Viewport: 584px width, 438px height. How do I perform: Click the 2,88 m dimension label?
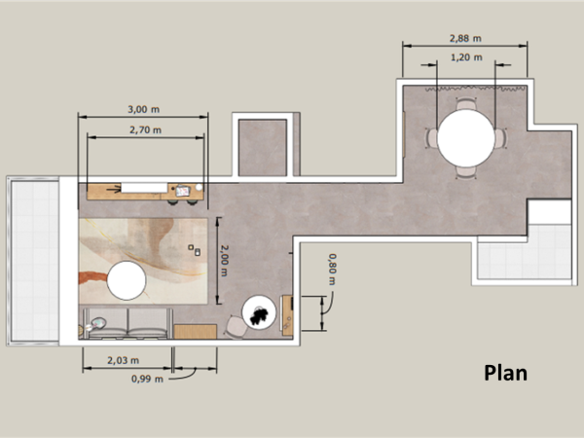[x=466, y=39]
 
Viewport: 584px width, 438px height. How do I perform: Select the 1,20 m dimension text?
[x=466, y=57]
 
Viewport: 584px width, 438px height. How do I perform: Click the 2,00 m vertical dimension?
[x=223, y=260]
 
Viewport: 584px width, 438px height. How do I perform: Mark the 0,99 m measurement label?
[x=146, y=380]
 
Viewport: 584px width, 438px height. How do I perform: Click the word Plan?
[x=505, y=373]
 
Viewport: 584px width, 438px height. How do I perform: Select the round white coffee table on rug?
[x=127, y=281]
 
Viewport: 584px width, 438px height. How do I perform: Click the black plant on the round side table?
[x=261, y=313]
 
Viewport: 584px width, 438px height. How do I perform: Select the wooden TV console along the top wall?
[x=146, y=190]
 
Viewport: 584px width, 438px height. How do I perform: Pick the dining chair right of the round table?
[x=500, y=139]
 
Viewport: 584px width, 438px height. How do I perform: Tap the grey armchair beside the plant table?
[x=236, y=326]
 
